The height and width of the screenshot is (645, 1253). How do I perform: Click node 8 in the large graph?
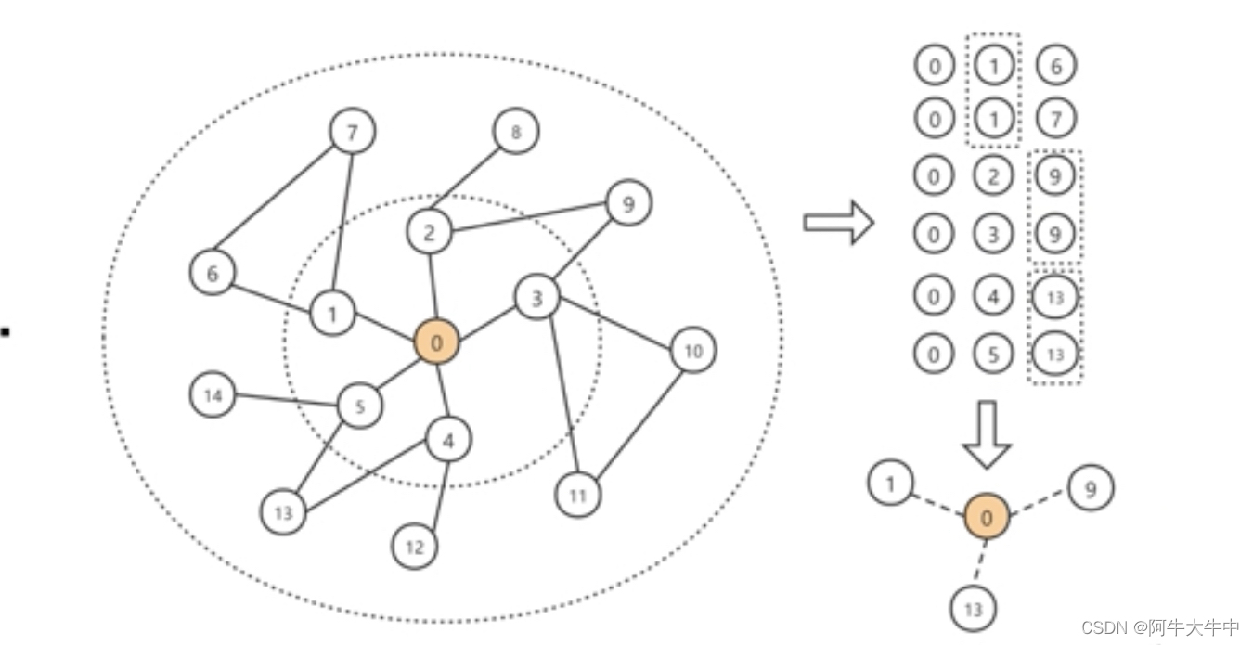coord(515,133)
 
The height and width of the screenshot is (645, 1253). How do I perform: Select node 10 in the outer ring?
coord(692,351)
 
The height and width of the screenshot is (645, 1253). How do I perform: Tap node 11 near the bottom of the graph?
coord(577,496)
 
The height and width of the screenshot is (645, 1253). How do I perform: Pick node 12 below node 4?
coord(415,547)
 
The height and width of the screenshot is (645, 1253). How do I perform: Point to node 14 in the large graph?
coord(213,395)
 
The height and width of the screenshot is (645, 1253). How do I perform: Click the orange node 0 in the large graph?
coord(436,343)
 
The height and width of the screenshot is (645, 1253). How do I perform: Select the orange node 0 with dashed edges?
coord(986,517)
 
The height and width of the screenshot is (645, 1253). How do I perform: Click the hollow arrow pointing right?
coord(838,223)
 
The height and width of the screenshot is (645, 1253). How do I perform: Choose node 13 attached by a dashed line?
coord(973,609)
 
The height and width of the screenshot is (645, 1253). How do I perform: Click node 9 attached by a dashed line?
coord(1090,487)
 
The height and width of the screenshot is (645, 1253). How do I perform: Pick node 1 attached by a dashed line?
coord(890,484)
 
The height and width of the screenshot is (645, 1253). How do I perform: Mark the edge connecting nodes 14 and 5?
coord(285,401)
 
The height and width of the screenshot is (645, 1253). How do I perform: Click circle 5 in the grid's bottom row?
coord(993,355)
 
